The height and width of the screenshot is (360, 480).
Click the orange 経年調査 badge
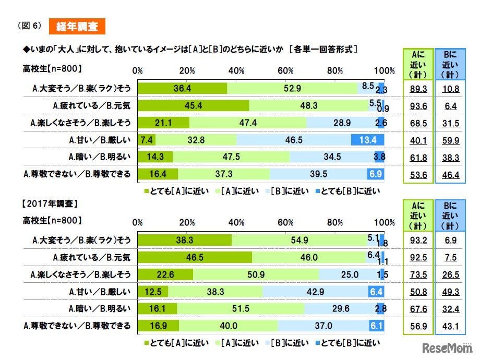click(77, 26)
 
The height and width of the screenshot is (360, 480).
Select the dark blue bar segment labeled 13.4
click(368, 140)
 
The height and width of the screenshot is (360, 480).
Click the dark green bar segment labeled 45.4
click(194, 106)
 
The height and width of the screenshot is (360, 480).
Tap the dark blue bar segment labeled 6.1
click(377, 326)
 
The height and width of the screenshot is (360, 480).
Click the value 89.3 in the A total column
click(417, 89)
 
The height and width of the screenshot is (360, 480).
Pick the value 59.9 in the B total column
click(450, 140)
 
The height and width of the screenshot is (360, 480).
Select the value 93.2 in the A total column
click(417, 240)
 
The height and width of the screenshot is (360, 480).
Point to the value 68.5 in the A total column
click(417, 123)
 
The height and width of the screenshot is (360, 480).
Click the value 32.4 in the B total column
click(450, 309)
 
